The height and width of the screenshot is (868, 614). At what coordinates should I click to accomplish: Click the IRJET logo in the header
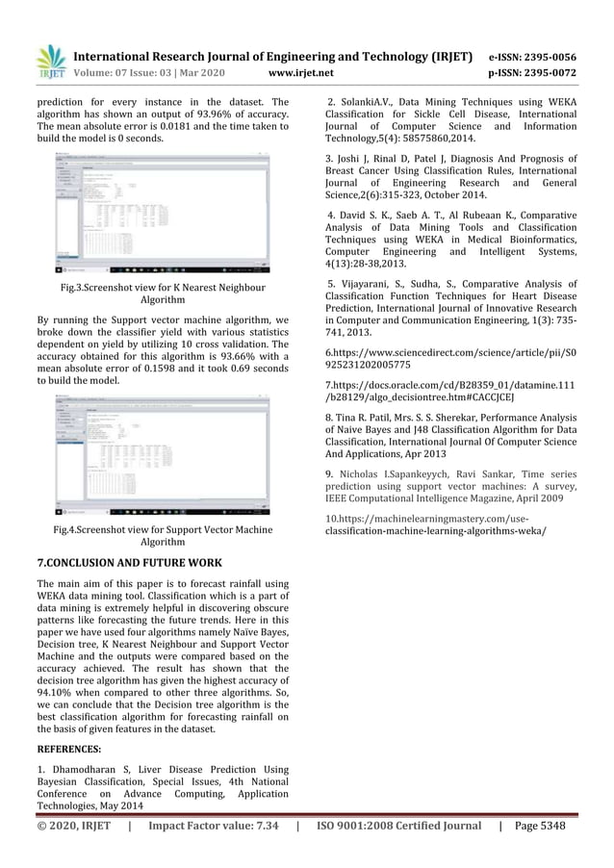pyautogui.click(x=50, y=62)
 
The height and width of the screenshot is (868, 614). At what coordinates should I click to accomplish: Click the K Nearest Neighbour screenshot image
pyautogui.click(x=162, y=213)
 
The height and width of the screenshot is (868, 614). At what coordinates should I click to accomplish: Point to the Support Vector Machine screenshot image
pyautogui.click(x=162, y=454)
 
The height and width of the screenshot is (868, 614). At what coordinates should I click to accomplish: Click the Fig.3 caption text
pyautogui.click(x=162, y=294)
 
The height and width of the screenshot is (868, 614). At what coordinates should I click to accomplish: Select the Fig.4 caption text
pyautogui.click(x=162, y=536)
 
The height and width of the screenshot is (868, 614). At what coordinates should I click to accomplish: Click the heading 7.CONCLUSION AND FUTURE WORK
pyautogui.click(x=129, y=563)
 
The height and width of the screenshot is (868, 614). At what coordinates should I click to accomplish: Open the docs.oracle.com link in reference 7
pyautogui.click(x=450, y=391)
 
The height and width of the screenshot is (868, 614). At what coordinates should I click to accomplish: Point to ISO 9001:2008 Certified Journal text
pyautogui.click(x=398, y=826)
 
